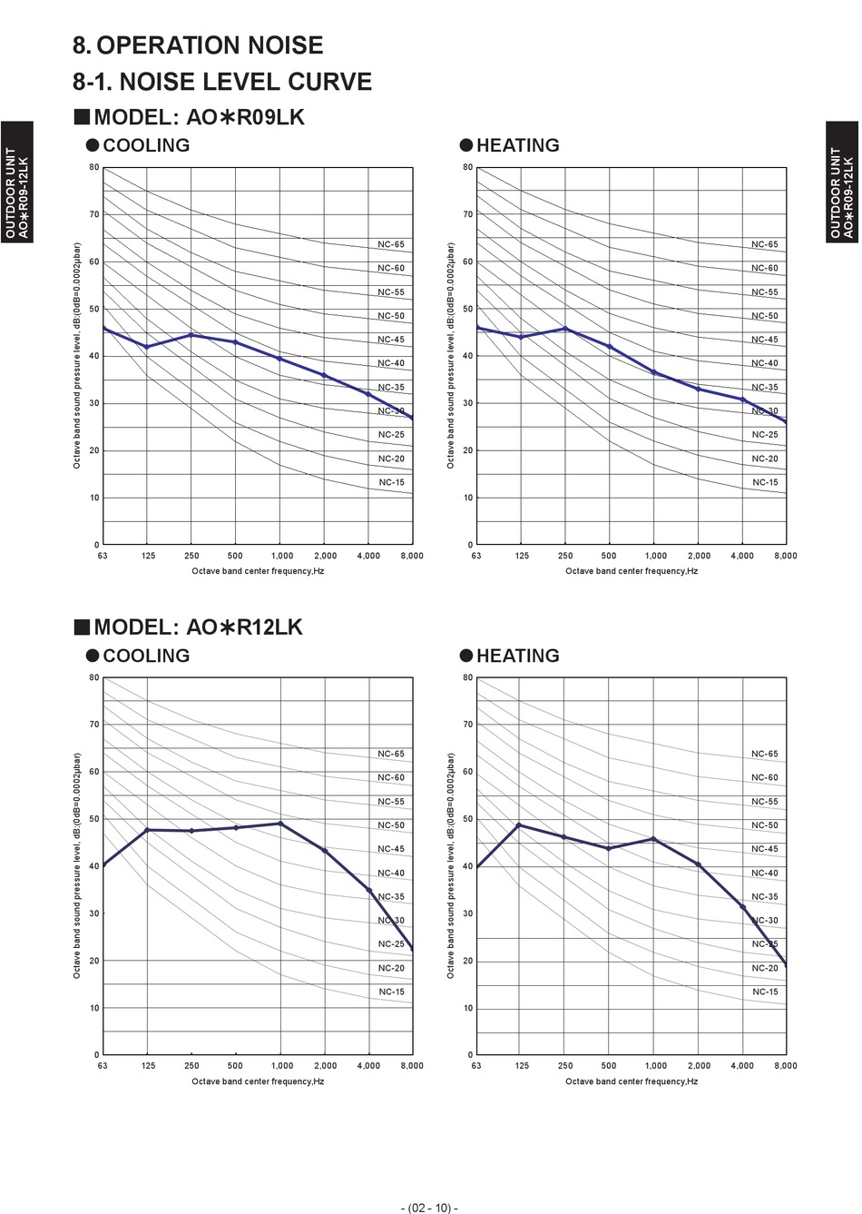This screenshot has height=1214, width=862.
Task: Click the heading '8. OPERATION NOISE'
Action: click(x=198, y=45)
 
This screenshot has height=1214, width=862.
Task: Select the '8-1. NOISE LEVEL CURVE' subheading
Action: click(x=222, y=82)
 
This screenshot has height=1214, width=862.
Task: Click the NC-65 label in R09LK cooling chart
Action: click(x=391, y=244)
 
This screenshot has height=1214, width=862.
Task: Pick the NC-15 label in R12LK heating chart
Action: click(x=765, y=992)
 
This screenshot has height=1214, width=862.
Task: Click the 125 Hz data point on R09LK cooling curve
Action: click(x=147, y=347)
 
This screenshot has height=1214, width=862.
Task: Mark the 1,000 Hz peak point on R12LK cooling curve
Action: click(x=280, y=824)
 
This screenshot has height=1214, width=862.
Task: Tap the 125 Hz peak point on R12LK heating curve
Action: click(x=519, y=824)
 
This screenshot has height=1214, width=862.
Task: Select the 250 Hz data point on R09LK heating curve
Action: click(x=565, y=329)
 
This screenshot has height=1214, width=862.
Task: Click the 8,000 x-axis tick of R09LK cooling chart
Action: click(x=412, y=556)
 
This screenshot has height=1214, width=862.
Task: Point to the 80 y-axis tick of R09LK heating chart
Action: click(x=468, y=167)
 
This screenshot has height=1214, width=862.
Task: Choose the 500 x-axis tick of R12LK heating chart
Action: click(x=609, y=1066)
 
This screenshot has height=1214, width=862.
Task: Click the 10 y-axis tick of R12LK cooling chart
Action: click(x=94, y=1008)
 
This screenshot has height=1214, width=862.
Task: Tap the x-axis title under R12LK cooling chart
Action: click(x=258, y=1081)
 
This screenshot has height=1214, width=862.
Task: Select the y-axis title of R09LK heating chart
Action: click(x=450, y=355)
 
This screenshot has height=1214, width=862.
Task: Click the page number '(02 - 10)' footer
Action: click(x=430, y=1208)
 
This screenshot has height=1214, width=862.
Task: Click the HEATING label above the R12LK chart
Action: click(x=517, y=656)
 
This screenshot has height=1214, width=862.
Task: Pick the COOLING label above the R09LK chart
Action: click(x=145, y=145)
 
